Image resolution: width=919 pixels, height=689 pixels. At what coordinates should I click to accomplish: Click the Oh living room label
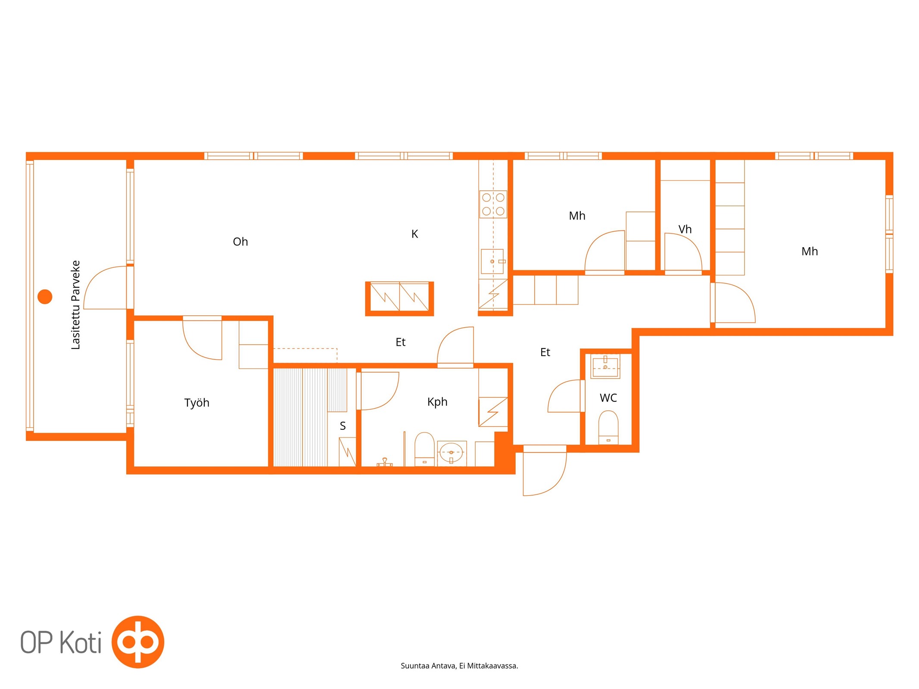coord(240,242)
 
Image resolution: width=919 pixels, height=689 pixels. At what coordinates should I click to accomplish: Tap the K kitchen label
coord(414,234)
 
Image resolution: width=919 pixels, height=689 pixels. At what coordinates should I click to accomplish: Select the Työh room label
coord(196,403)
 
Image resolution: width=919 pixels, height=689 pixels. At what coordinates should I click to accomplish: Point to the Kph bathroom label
coord(437,402)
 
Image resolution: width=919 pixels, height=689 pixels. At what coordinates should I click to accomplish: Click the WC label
coord(608,398)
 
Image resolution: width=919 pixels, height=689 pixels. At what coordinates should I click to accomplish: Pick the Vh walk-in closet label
coord(685,229)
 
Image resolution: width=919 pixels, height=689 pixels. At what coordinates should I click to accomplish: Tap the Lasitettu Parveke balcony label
coord(75,304)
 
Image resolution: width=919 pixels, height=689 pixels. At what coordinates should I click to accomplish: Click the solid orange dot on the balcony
coord(45,297)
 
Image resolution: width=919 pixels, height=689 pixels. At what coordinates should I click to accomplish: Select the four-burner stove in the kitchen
coord(493,204)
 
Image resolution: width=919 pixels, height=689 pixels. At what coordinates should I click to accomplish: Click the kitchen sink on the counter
coord(492,261)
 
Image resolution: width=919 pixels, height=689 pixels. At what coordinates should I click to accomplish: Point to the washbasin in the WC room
coord(605,366)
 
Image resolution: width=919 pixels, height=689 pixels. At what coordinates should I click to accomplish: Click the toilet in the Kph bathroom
coord(424,449)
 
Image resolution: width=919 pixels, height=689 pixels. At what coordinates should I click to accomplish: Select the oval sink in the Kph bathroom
coord(451,453)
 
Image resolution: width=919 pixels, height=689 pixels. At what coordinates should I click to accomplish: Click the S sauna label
coord(343,426)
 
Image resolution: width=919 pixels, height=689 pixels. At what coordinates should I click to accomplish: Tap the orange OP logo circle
coord(138,642)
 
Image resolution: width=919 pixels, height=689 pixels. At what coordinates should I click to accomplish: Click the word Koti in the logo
coord(80,642)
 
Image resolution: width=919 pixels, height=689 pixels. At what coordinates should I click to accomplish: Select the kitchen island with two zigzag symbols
coord(399,299)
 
